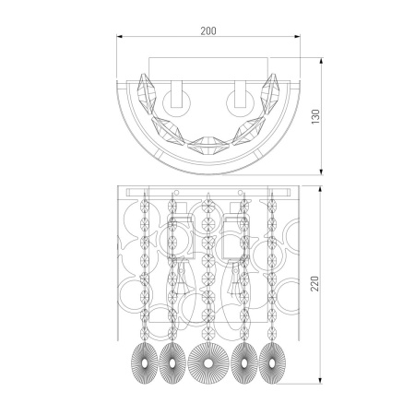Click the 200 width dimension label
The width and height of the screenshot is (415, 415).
[x=208, y=30]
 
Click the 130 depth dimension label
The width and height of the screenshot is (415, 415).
[x=315, y=116]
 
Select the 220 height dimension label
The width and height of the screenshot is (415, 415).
[x=315, y=283]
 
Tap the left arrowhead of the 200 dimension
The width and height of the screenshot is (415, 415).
[x=119, y=37]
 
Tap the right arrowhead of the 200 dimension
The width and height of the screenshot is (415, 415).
[x=297, y=37]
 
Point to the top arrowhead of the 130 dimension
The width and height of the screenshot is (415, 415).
[x=321, y=61]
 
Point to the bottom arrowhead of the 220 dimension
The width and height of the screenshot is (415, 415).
[x=320, y=381]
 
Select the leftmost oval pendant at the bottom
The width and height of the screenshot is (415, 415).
[x=145, y=363]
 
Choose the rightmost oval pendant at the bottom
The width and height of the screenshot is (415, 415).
[x=272, y=363]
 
